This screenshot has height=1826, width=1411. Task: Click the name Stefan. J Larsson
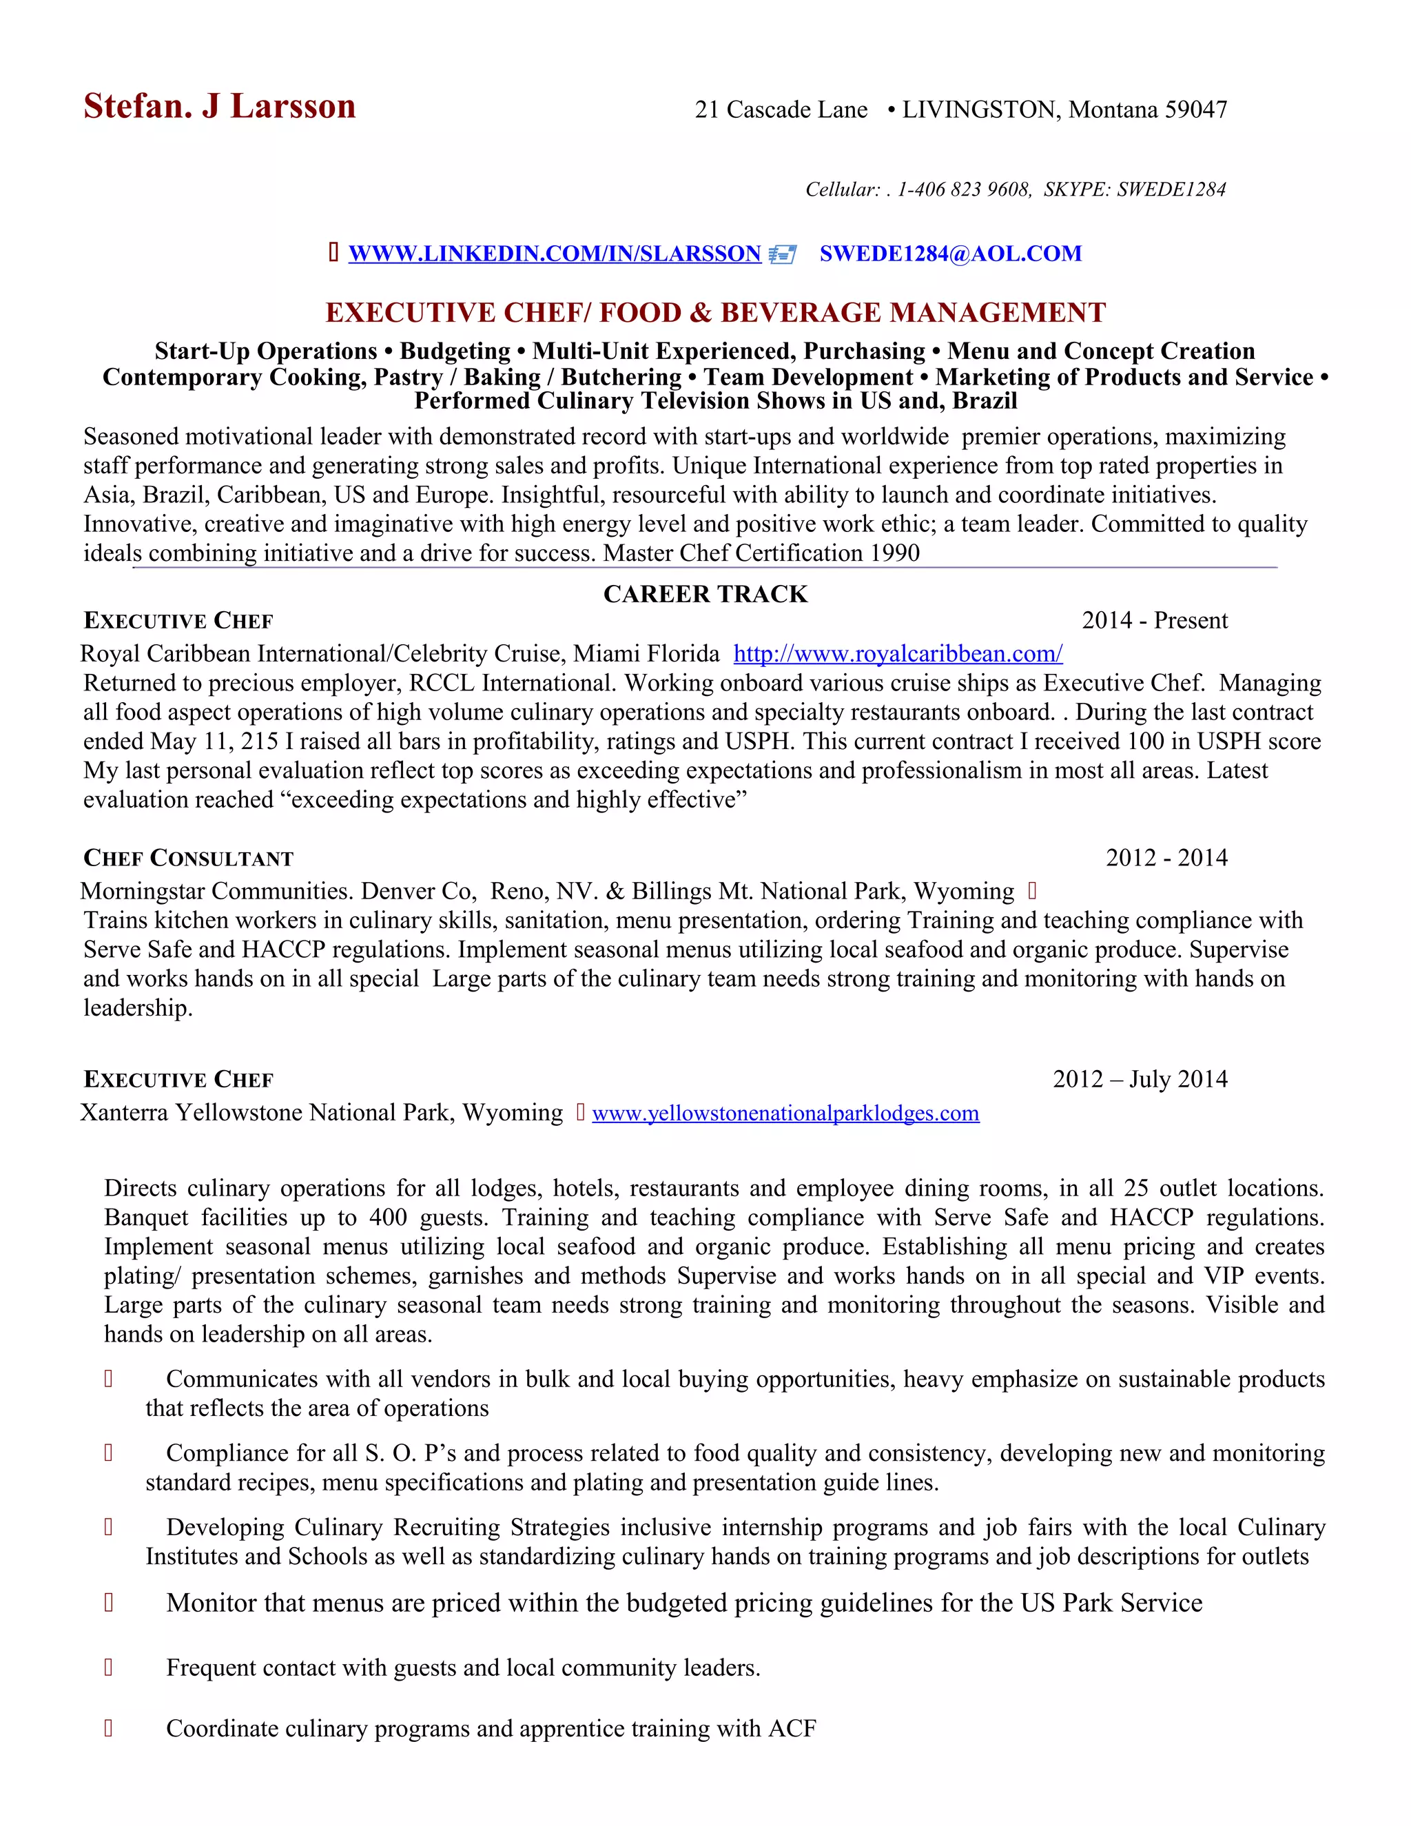click(x=219, y=107)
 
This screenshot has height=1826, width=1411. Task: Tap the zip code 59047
click(x=1195, y=110)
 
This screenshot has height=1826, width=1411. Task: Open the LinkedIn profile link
click(x=554, y=254)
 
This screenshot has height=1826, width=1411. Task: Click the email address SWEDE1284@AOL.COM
click(x=950, y=254)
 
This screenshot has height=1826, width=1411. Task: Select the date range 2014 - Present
click(x=1155, y=620)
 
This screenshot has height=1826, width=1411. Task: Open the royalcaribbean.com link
click(x=898, y=654)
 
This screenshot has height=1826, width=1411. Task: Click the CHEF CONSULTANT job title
click(x=188, y=859)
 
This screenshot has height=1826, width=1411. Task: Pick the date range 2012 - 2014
click(x=1166, y=858)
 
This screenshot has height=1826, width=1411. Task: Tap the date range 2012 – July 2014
click(x=1140, y=1079)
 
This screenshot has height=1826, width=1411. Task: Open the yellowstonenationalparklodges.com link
click(x=785, y=1114)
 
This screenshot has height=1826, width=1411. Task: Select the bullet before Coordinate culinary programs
click(x=108, y=1728)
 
